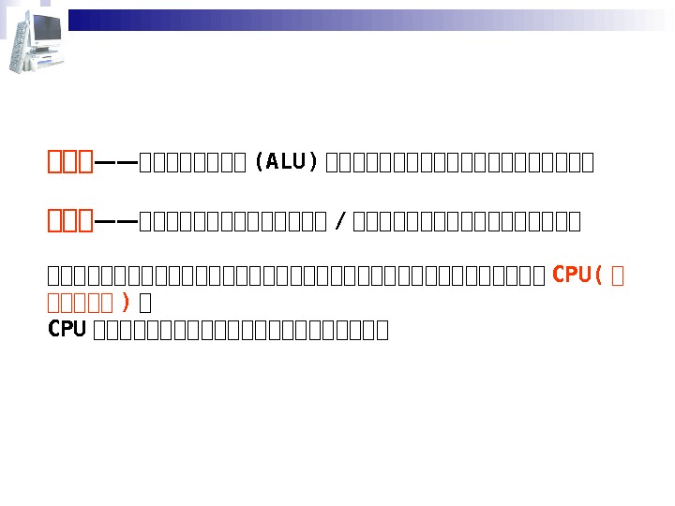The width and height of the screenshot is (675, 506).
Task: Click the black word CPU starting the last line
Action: [x=67, y=329]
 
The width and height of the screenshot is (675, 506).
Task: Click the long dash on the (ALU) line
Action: [x=116, y=163]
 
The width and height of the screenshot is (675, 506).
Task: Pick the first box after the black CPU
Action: [x=99, y=331]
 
